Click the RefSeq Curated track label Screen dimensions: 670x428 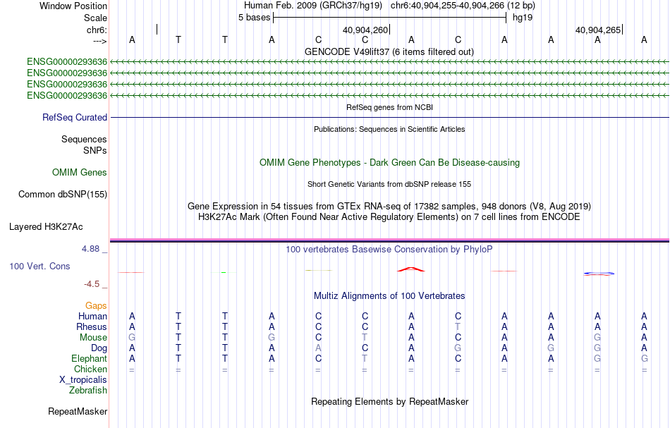click(x=75, y=118)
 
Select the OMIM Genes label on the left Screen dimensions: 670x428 click(x=80, y=172)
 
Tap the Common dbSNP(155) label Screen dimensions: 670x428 click(x=63, y=195)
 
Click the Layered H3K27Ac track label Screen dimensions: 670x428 click(x=46, y=227)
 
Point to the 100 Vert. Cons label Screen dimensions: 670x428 click(x=39, y=266)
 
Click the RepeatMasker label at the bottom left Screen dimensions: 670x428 click(x=78, y=411)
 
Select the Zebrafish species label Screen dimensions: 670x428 click(x=88, y=391)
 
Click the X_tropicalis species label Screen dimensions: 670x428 click(x=83, y=380)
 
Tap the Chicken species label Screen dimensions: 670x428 click(x=90, y=369)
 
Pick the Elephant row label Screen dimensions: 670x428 click(x=90, y=358)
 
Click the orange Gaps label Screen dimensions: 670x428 click(x=96, y=305)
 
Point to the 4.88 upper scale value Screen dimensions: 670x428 click(x=90, y=249)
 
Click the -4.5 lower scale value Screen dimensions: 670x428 click(x=92, y=284)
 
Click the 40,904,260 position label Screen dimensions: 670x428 click(x=365, y=30)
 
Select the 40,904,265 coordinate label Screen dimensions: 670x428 click(x=598, y=30)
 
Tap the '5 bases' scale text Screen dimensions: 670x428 click(x=254, y=18)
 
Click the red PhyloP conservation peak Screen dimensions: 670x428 click(x=411, y=269)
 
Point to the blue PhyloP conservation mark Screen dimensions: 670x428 click(x=599, y=273)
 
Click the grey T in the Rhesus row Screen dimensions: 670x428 click(x=458, y=326)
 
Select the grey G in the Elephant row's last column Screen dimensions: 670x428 click(x=645, y=358)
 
